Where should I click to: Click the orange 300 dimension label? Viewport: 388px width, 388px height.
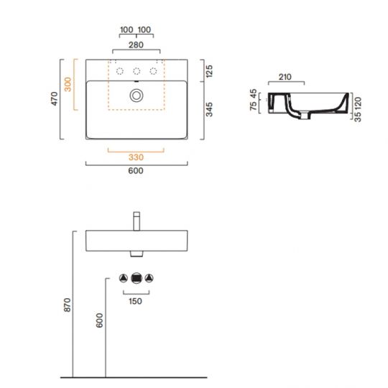(68, 84)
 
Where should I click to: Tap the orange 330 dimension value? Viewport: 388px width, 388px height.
(136, 157)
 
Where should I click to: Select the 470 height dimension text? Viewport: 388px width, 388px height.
(54, 98)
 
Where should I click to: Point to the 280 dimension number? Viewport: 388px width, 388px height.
(136, 45)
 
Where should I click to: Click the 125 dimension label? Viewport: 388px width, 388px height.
(209, 71)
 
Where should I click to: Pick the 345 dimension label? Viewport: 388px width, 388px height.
(209, 109)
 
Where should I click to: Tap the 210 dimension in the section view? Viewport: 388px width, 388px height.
(285, 77)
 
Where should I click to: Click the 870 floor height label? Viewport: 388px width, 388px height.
(68, 305)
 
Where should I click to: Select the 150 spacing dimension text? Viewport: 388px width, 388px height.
(135, 301)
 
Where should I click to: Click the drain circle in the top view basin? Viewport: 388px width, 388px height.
(137, 96)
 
